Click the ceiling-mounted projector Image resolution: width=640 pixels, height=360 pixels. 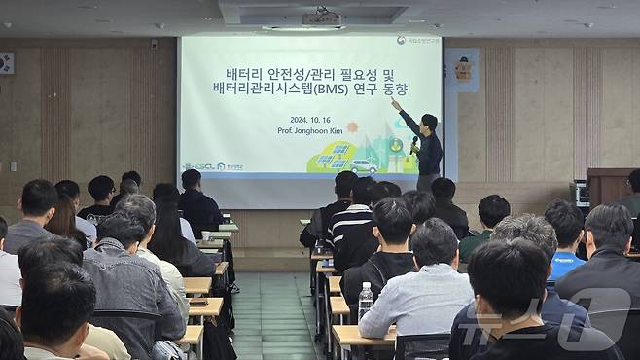point(321,18)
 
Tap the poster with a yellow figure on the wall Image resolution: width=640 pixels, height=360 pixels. point(463,68)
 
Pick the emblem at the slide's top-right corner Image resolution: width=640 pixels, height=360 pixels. point(401,41)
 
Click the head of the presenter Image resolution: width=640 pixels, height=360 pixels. point(429,122)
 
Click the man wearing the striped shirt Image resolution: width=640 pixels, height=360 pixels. point(348,219)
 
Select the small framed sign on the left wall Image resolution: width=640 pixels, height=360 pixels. point(6,63)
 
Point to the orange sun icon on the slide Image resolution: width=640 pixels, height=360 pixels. point(352,127)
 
